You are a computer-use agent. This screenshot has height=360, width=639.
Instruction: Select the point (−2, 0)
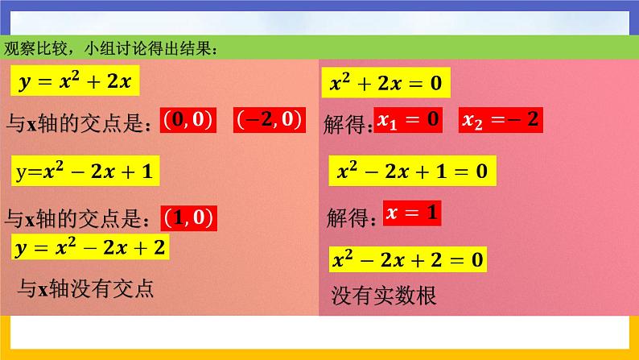[x=268, y=121]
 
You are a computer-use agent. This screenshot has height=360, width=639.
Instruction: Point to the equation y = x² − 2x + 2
[x=91, y=247]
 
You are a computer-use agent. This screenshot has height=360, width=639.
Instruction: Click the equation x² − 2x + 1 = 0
[x=413, y=172]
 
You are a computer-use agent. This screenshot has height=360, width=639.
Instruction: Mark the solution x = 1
[x=413, y=213]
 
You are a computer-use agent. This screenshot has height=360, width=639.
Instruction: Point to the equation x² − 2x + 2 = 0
[x=408, y=260]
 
